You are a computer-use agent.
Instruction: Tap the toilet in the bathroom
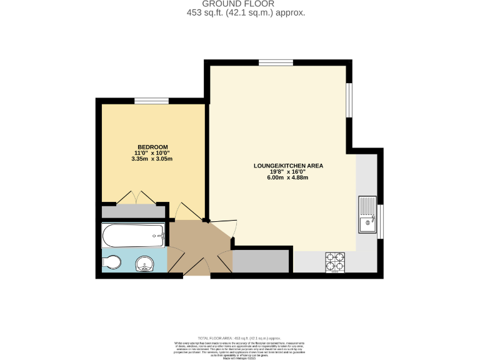(x=112, y=262)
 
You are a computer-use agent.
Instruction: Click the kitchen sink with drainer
(x=367, y=215)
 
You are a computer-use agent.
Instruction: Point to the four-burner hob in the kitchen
(x=335, y=262)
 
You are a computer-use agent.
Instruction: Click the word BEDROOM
(x=152, y=147)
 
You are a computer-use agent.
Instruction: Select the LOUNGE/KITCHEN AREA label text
(x=287, y=166)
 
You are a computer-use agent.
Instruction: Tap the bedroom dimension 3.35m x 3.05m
(x=152, y=159)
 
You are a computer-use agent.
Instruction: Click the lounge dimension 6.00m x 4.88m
(x=287, y=177)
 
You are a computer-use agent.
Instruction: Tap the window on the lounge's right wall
(x=350, y=99)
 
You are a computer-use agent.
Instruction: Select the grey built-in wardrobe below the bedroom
(x=129, y=211)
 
